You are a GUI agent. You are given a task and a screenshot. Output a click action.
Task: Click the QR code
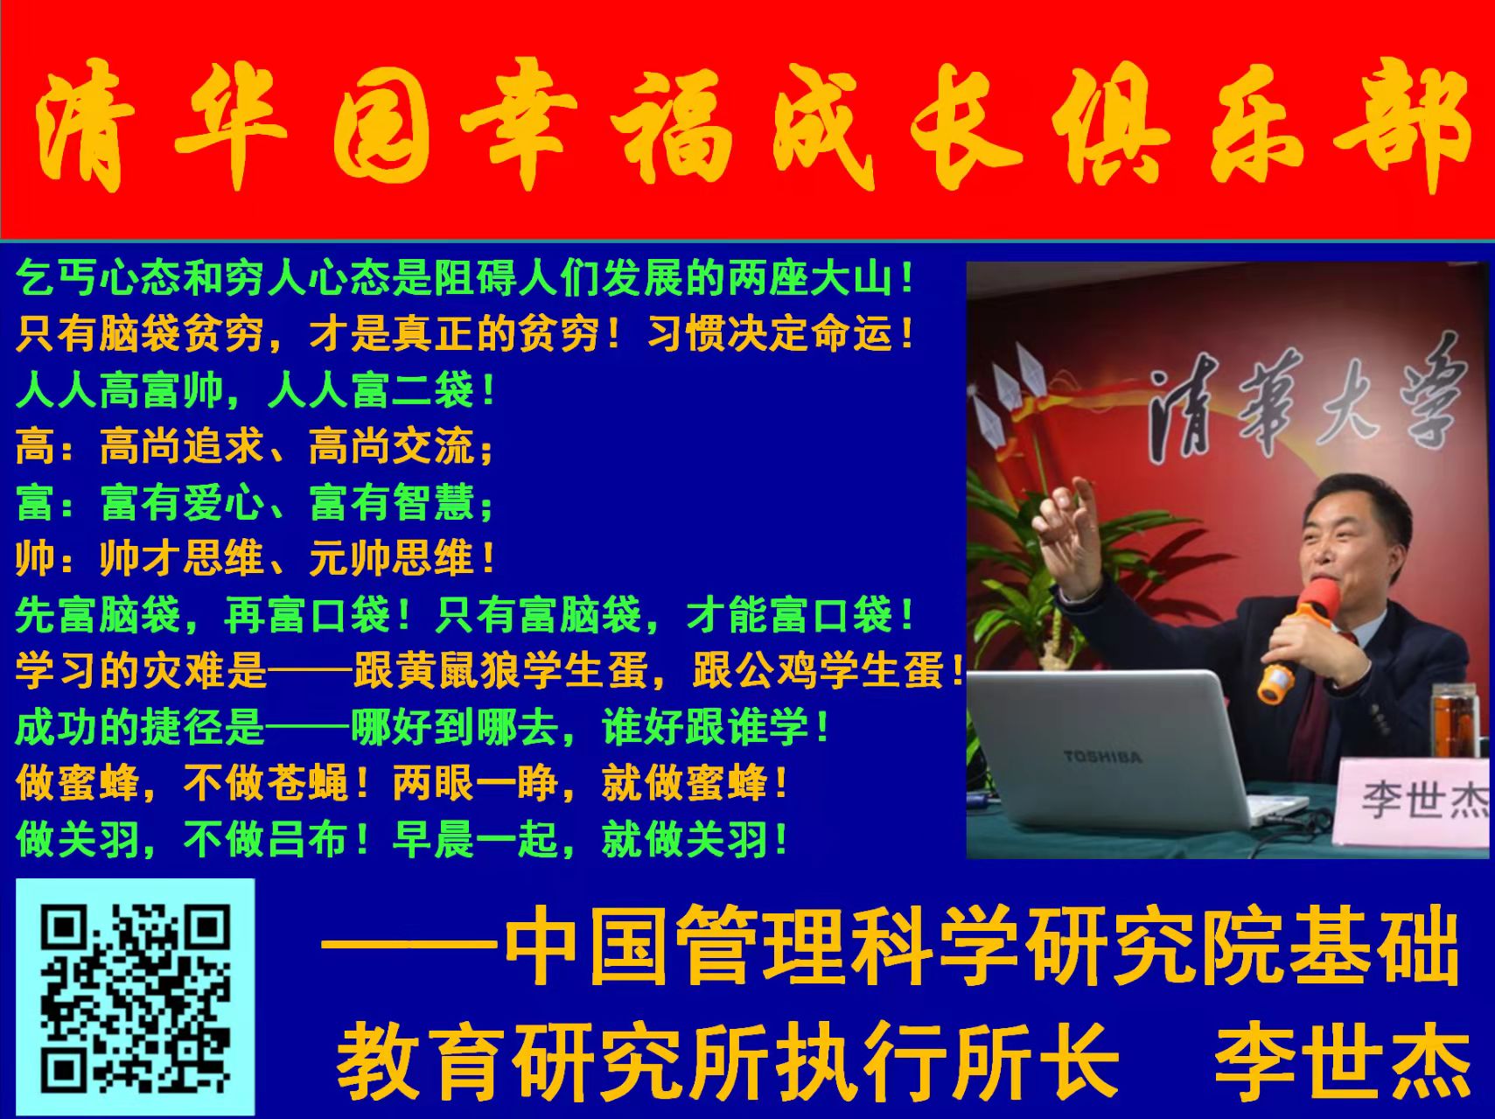click(x=136, y=998)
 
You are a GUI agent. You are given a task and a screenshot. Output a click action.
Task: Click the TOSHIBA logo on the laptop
click(x=1102, y=755)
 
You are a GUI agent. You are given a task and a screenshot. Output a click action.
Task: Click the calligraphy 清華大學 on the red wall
click(x=1303, y=402)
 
